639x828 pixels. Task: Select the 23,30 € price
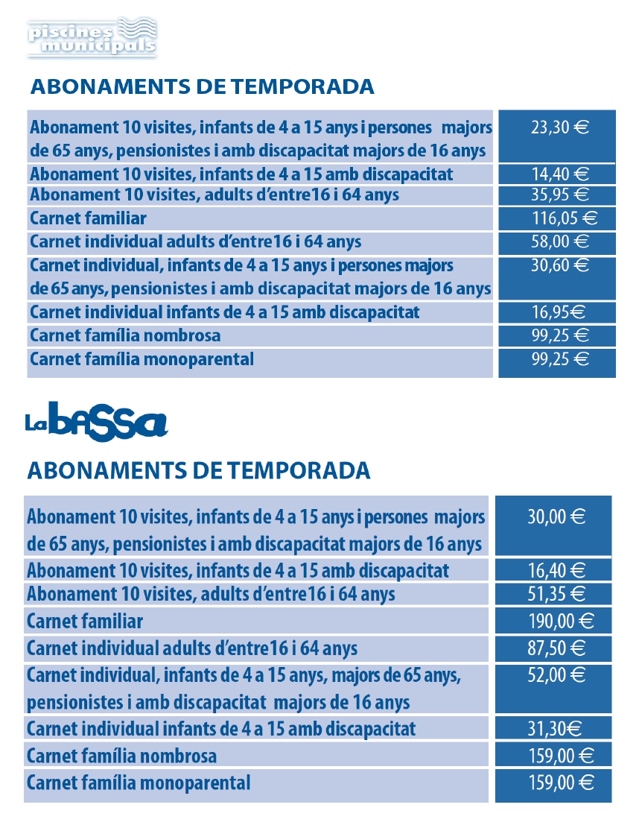coord(559,127)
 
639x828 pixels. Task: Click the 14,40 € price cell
coord(559,175)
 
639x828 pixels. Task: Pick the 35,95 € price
coord(559,196)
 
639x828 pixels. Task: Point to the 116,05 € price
coord(559,218)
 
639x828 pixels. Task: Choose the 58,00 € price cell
coord(559,241)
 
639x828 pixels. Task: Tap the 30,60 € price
coord(559,265)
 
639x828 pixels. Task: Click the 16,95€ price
coord(559,312)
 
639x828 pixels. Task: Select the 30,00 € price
coord(556,517)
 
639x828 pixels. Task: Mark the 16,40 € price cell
coord(556,572)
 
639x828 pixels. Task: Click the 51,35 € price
coord(556,594)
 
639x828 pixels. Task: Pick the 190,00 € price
coord(556,620)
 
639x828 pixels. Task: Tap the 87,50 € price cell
coord(556,648)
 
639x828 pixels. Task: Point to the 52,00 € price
coord(556,675)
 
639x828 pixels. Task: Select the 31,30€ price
coord(556,728)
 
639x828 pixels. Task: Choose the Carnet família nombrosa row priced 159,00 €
coord(121,756)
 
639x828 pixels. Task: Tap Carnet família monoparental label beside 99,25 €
coord(142,359)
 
